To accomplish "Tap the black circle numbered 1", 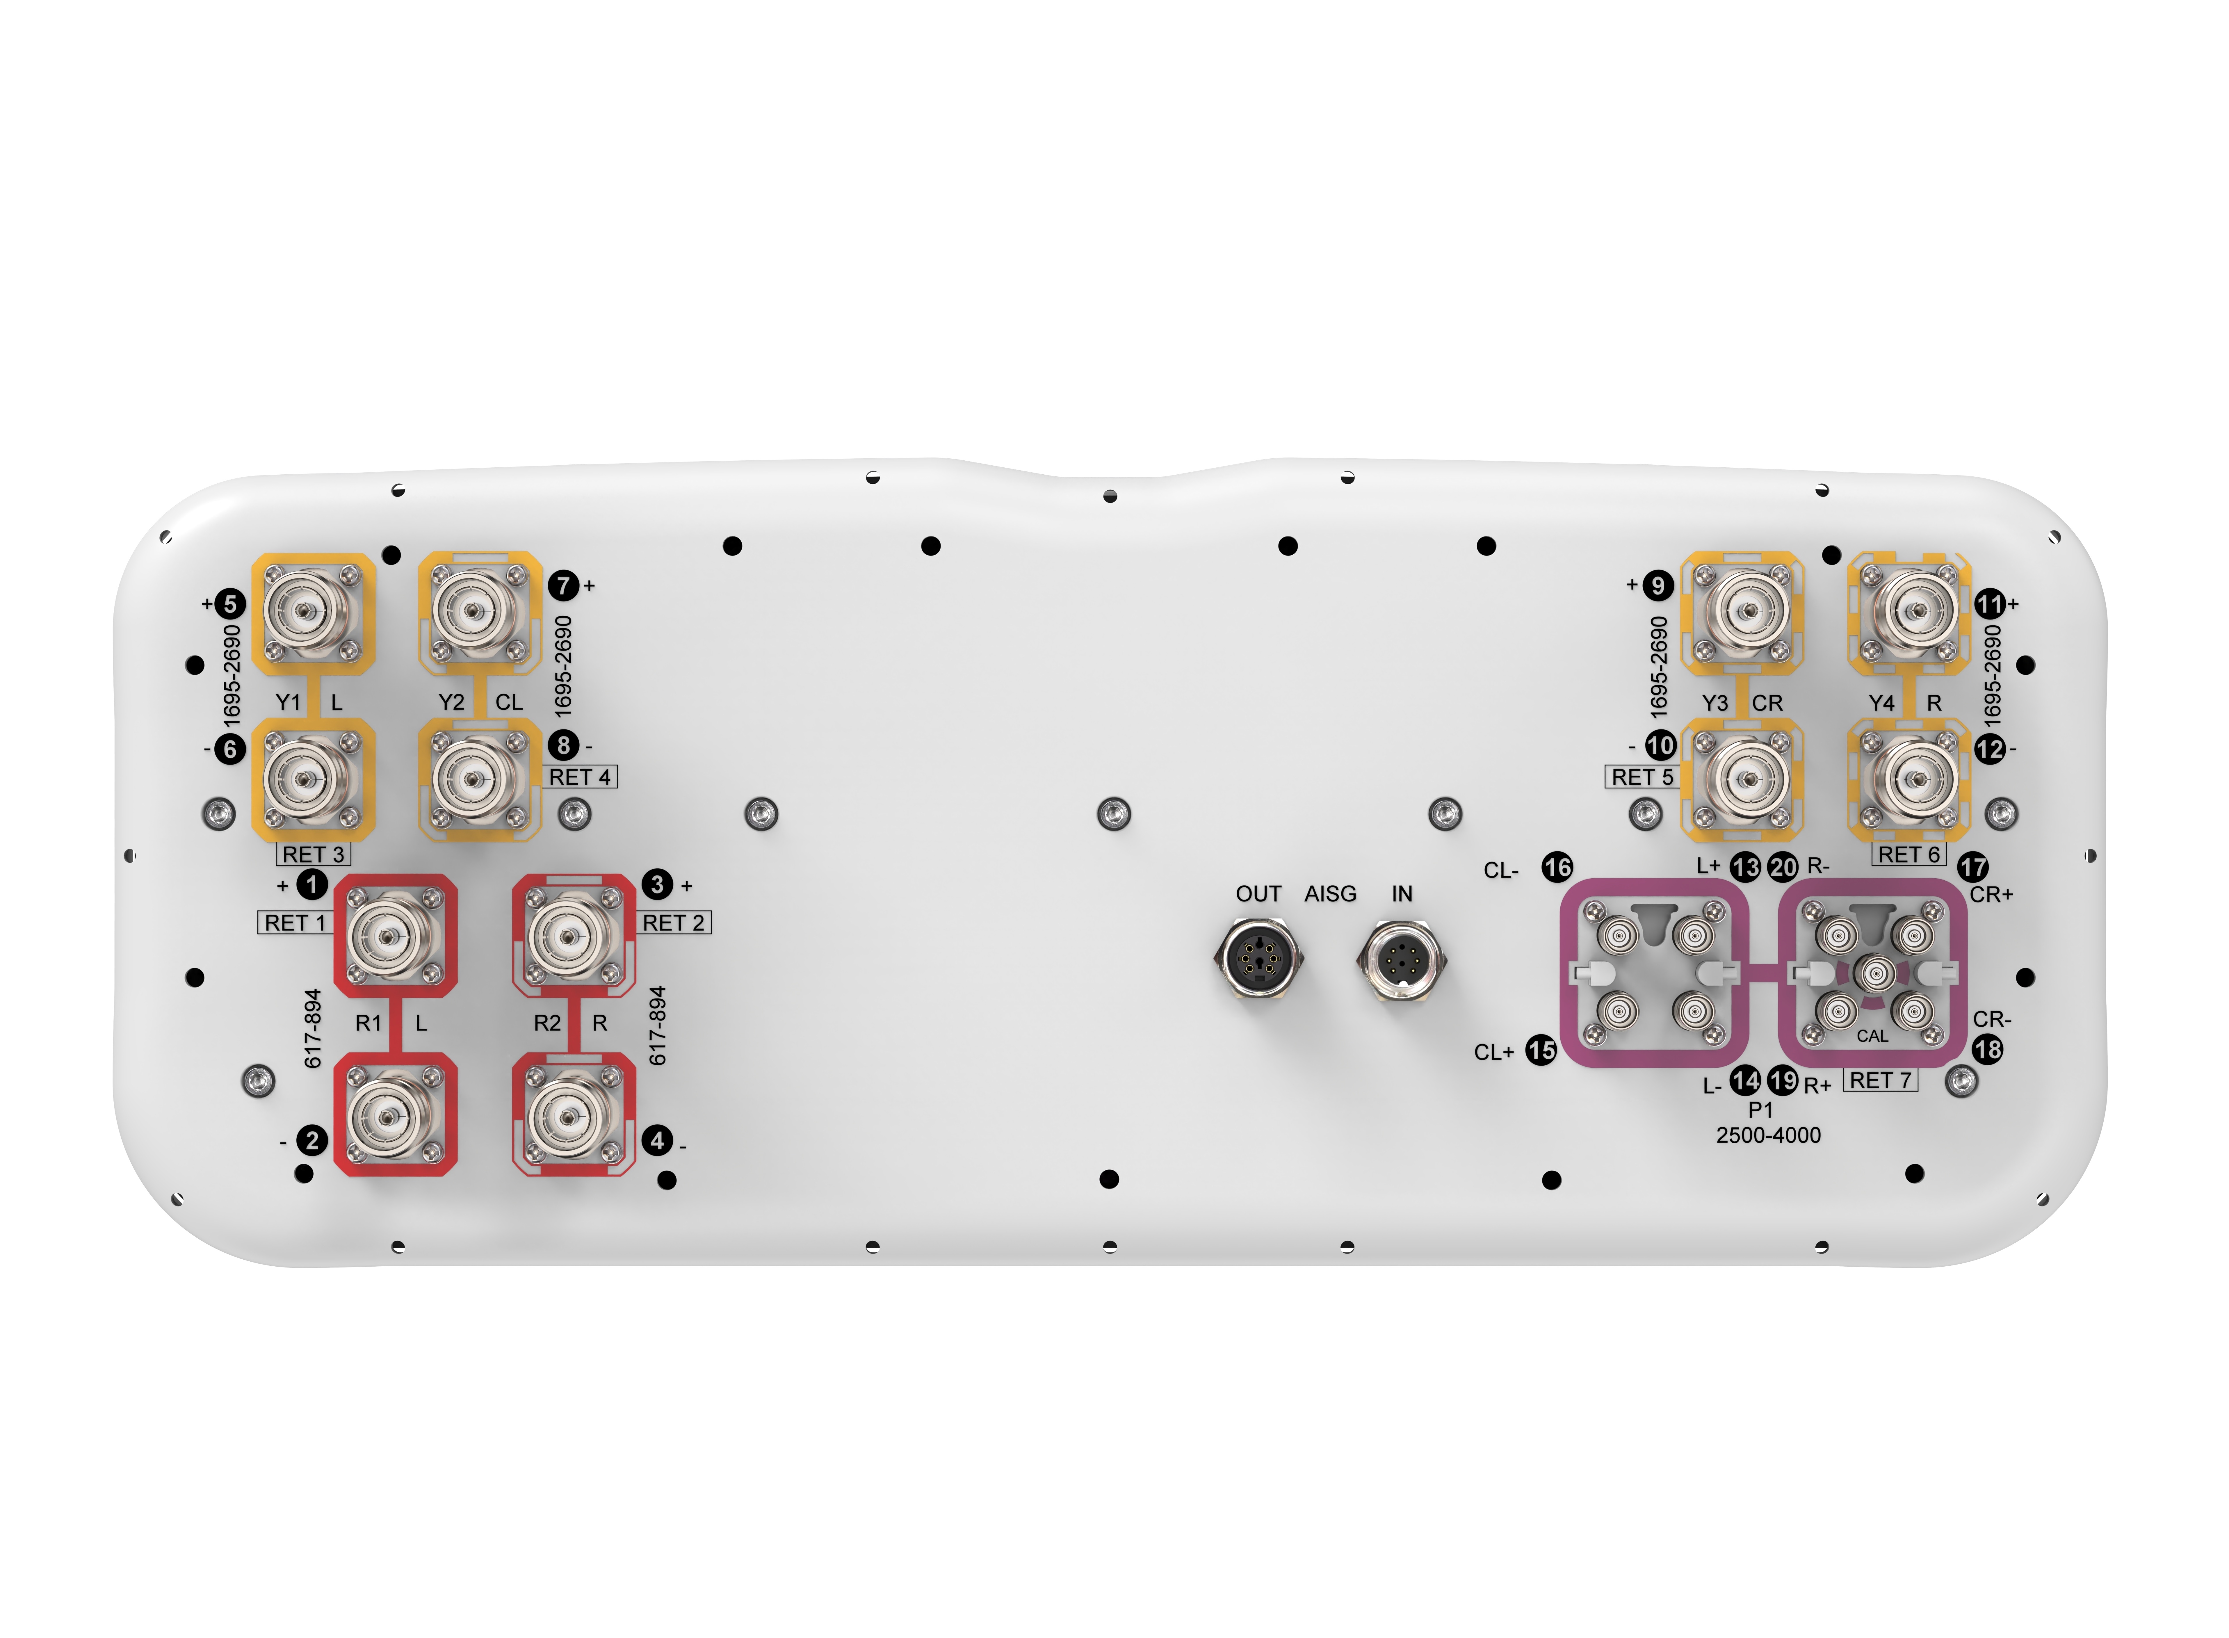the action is pyautogui.click(x=311, y=884).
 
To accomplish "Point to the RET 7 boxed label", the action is pyautogui.click(x=1880, y=1081).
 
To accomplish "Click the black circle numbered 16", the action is pyautogui.click(x=1557, y=868).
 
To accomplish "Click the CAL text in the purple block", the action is pyautogui.click(x=1872, y=1036).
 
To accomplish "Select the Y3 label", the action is pyautogui.click(x=1715, y=703).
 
